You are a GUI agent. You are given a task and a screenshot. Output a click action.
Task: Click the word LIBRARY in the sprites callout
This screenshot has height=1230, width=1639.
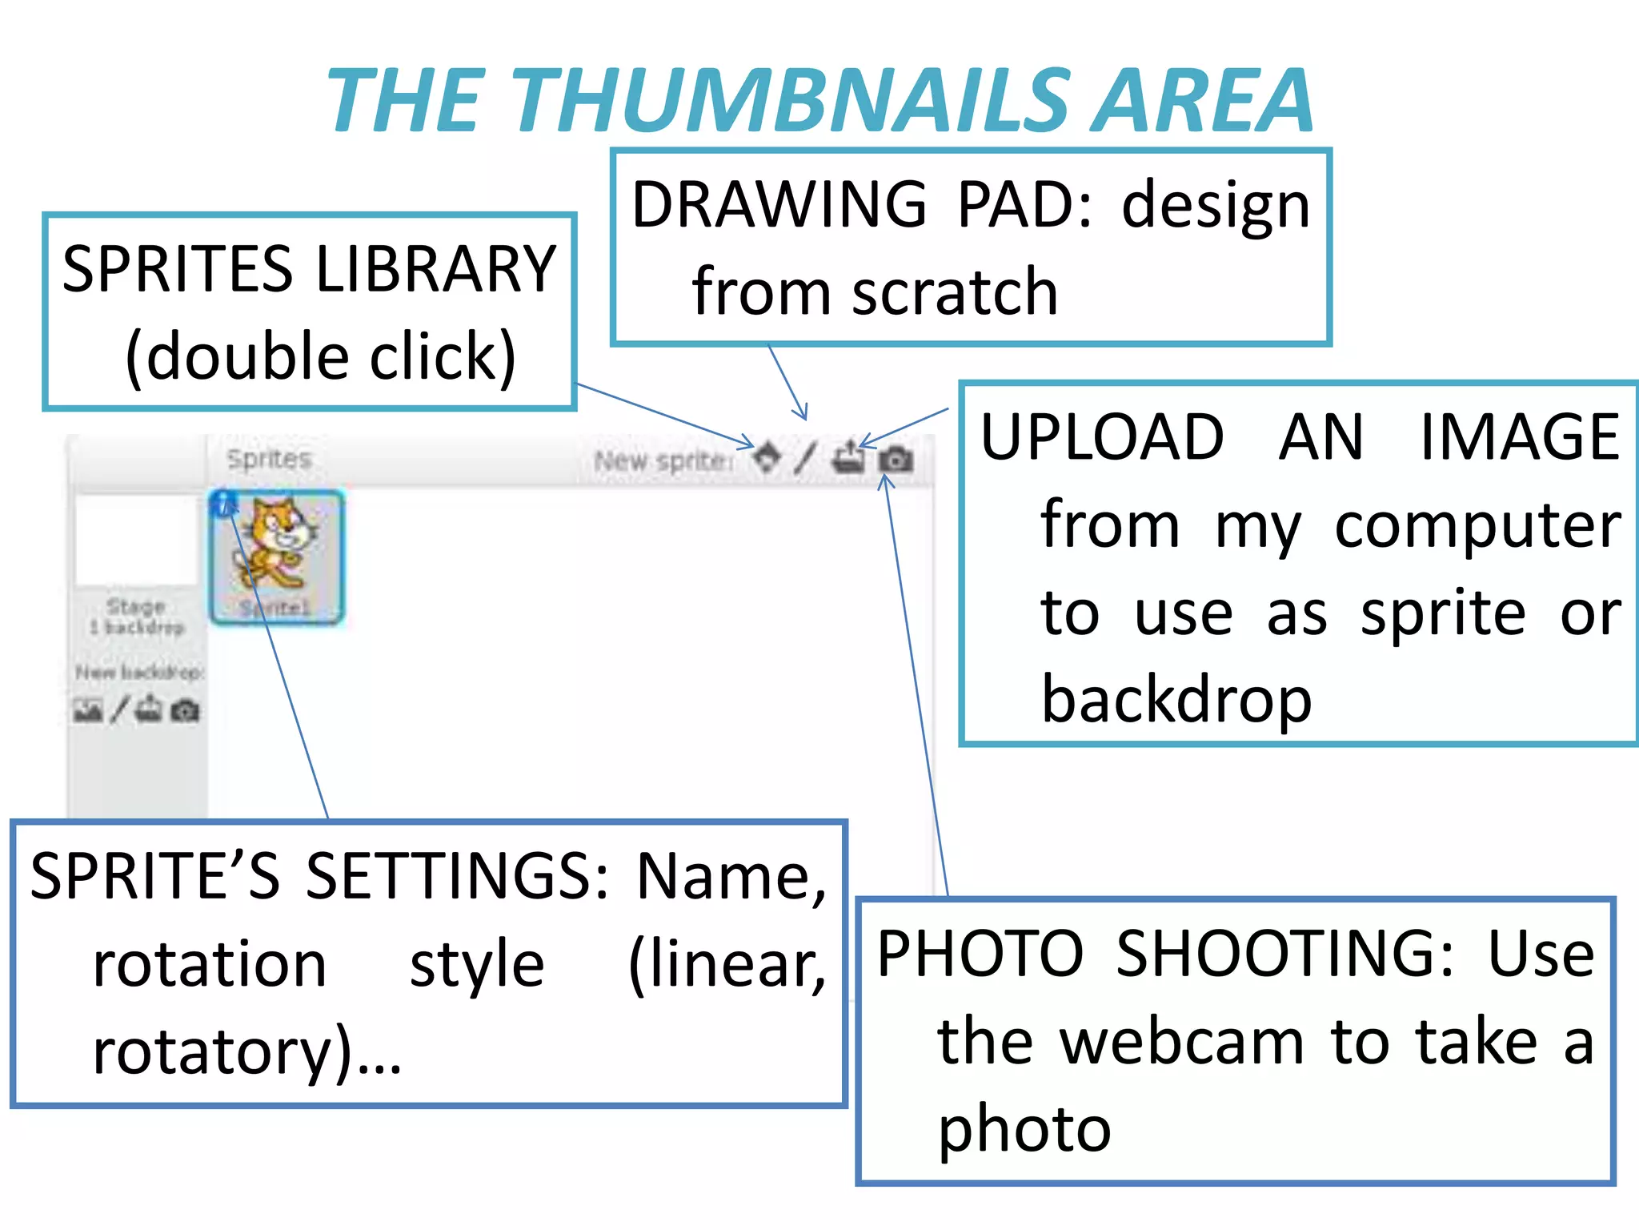[x=436, y=269]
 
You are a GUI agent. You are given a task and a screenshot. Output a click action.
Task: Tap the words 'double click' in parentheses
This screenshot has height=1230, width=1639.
[x=320, y=357]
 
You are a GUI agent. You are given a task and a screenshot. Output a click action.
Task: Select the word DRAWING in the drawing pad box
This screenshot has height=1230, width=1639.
[x=779, y=205]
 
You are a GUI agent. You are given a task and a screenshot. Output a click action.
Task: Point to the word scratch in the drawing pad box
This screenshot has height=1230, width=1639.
[x=955, y=292]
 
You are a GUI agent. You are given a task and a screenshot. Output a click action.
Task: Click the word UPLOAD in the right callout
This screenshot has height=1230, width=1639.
[x=1102, y=437]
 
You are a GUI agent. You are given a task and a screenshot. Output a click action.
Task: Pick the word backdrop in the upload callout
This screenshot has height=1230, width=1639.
[x=1176, y=699]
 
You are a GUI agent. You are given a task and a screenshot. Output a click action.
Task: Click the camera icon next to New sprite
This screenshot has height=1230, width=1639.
[x=896, y=460]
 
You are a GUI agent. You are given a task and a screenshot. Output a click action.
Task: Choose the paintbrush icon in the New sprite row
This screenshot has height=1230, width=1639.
[x=805, y=458]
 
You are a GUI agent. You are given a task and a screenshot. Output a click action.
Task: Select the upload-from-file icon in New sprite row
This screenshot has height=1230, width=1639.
[x=848, y=459]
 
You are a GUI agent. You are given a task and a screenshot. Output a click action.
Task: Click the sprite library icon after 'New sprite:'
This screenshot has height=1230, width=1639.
[x=767, y=458]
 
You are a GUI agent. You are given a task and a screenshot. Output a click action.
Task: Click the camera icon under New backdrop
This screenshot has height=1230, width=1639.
[x=185, y=710]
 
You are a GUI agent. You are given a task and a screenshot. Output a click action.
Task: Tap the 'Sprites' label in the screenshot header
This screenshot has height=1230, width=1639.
[x=268, y=459]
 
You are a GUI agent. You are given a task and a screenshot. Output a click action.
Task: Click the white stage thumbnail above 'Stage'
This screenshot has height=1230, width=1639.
[x=135, y=540]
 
